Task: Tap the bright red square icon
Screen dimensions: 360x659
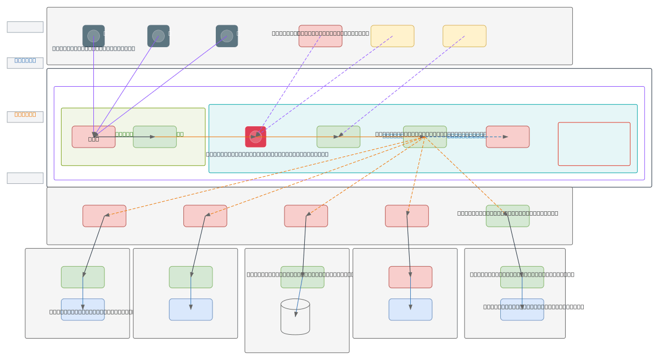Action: (x=255, y=137)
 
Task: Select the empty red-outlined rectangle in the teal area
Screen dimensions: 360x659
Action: (x=594, y=144)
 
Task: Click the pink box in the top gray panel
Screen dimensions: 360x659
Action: (x=320, y=36)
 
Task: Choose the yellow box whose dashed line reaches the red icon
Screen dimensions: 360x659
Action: (x=392, y=36)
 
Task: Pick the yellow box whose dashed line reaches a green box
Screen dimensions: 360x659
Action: (x=464, y=36)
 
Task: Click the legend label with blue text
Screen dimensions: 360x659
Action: (x=25, y=60)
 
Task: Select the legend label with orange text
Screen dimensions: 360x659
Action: (x=25, y=115)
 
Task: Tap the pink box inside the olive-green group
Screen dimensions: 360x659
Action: (x=93, y=137)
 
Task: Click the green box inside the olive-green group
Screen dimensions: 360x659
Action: (x=155, y=137)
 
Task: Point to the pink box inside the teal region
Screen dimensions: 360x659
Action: (x=507, y=137)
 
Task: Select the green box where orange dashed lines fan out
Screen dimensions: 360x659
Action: (x=425, y=137)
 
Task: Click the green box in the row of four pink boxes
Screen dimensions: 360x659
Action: (x=507, y=216)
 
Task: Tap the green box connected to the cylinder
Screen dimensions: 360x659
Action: (x=302, y=277)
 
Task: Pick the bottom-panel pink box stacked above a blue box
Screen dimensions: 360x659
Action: (x=410, y=277)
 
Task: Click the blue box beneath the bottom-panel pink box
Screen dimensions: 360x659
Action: (x=410, y=310)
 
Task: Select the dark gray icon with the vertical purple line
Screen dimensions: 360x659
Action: (x=93, y=36)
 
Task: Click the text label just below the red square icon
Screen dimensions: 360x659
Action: (x=267, y=154)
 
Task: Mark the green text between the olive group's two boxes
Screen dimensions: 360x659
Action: (x=124, y=134)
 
